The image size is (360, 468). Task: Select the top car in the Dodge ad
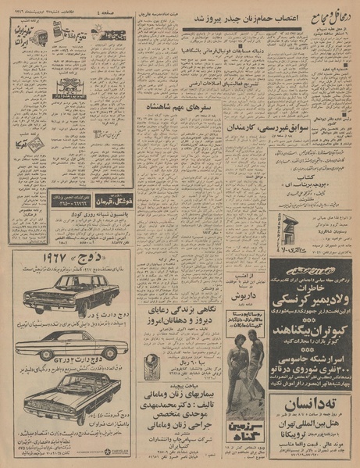point(70,295)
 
